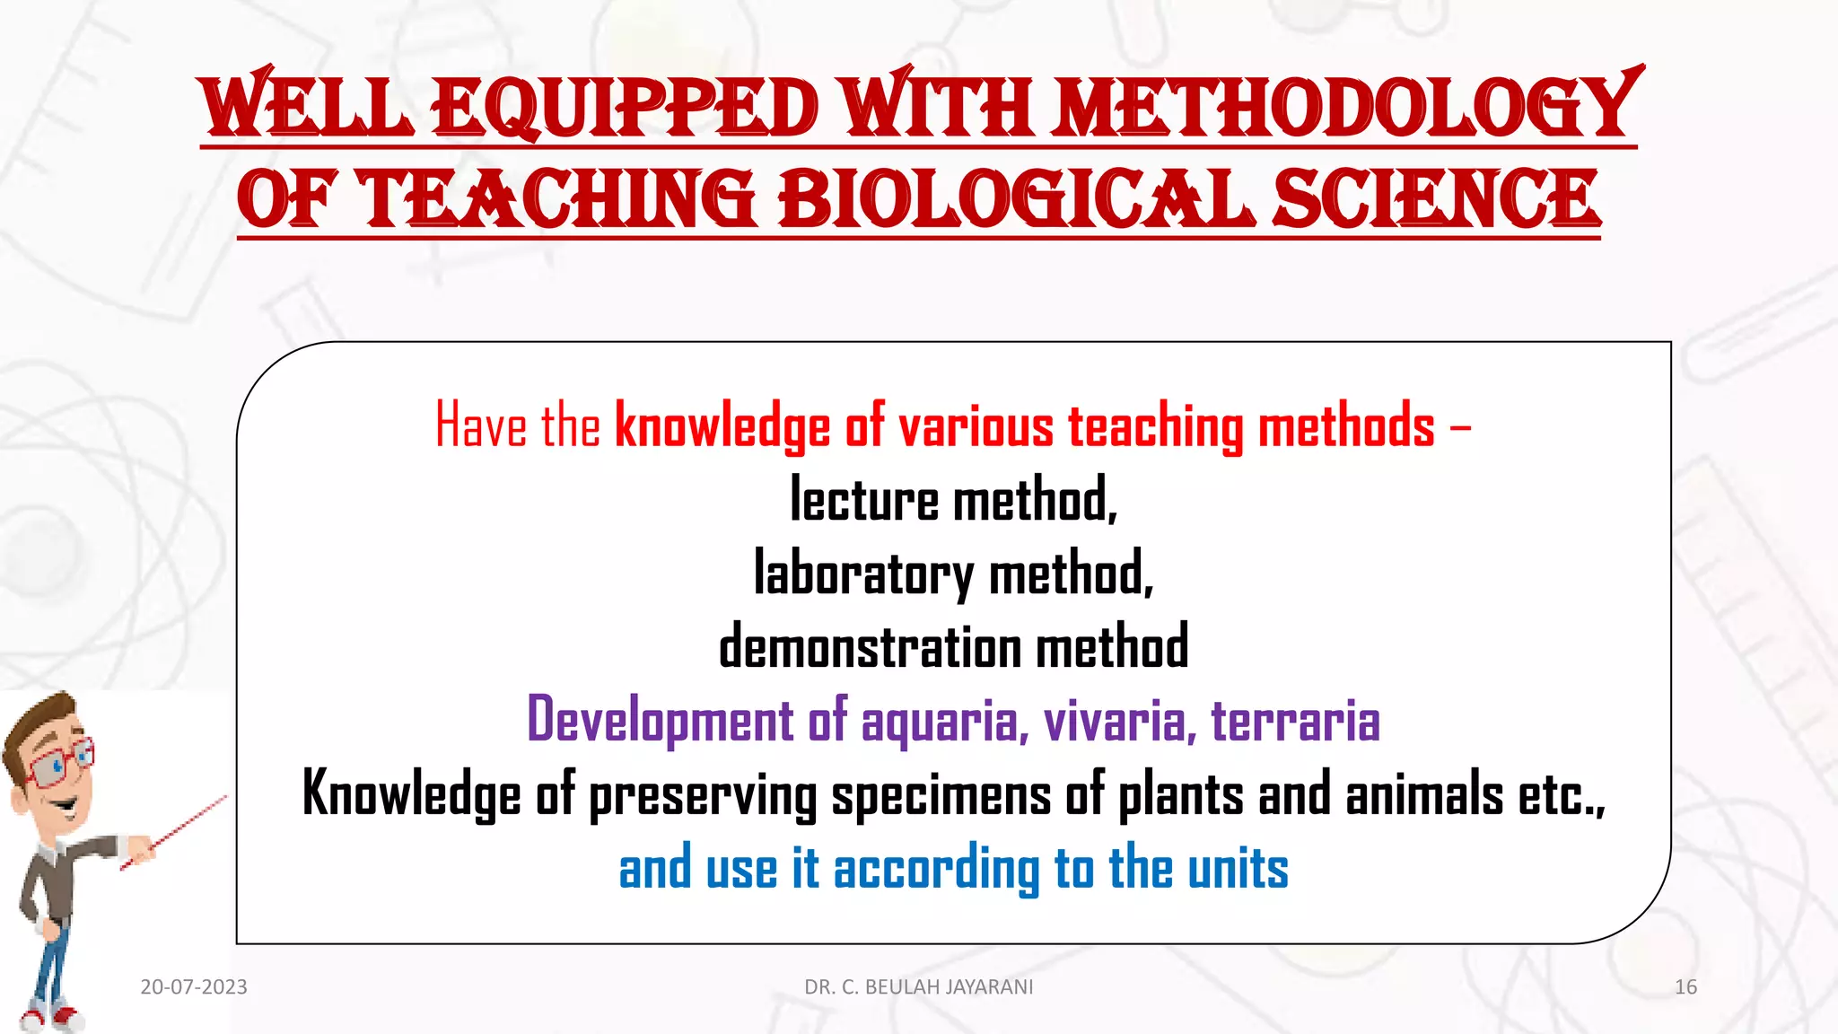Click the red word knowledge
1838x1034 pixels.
coord(722,425)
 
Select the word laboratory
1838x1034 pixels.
coord(863,574)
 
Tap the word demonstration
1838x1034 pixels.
coord(870,647)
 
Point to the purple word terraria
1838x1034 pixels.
coord(1295,721)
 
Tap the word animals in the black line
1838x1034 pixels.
coord(1424,795)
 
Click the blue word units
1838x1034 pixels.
coord(1238,870)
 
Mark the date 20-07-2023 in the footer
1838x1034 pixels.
coord(194,987)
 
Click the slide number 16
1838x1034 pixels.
coord(1685,987)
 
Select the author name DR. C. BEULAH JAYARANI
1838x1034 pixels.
coord(918,987)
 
